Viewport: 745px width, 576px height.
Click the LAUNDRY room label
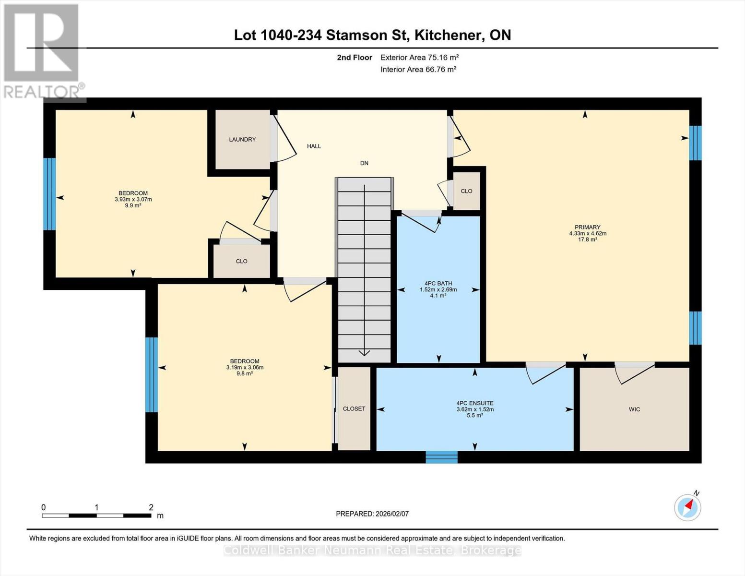(242, 140)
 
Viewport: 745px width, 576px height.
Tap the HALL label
(314, 146)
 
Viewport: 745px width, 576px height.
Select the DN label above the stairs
(364, 163)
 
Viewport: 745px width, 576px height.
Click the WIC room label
(634, 409)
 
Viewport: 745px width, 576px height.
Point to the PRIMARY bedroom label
(588, 228)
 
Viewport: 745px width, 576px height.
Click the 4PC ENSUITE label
(475, 404)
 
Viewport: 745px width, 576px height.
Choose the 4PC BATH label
(438, 284)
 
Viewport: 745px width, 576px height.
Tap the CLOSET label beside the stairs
(354, 409)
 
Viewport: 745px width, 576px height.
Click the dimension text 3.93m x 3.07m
(133, 200)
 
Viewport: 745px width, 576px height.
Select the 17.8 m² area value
(588, 240)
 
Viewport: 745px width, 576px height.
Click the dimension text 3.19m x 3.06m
(245, 368)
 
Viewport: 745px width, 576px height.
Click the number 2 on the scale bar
(151, 507)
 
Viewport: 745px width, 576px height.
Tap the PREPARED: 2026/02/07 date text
(372, 514)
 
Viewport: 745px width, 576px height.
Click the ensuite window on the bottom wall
(442, 457)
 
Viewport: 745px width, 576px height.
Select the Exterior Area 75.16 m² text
(420, 58)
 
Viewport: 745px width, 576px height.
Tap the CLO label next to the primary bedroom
(466, 191)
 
